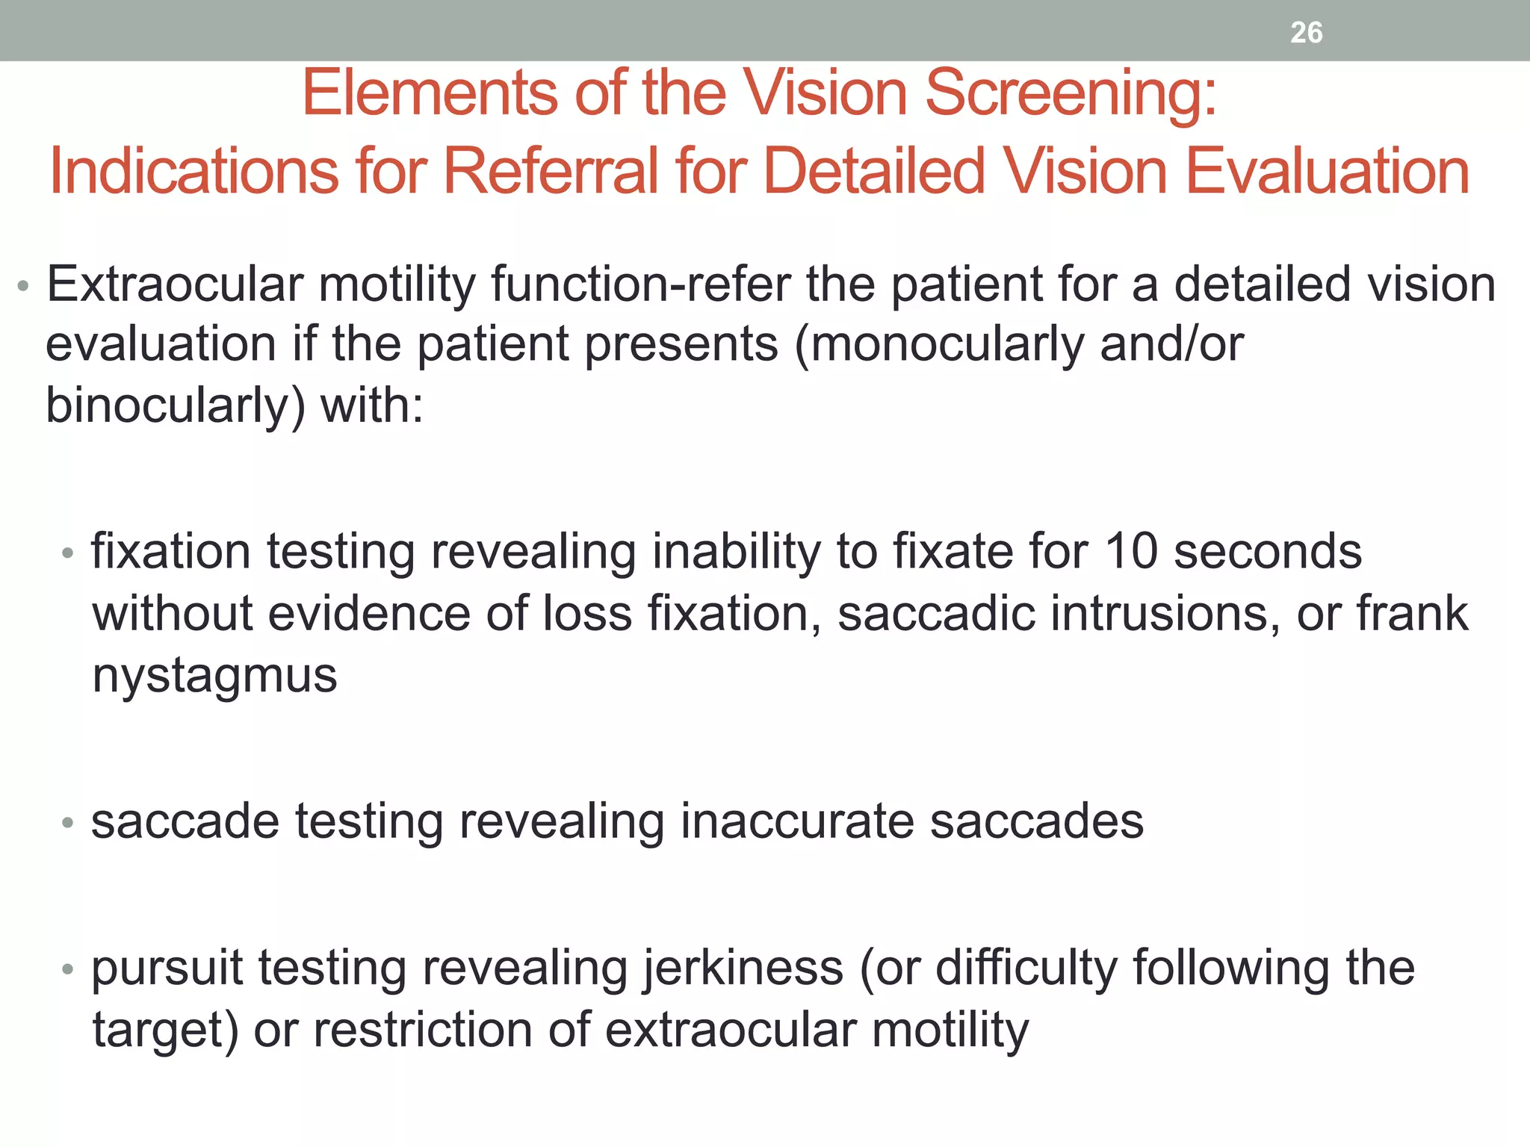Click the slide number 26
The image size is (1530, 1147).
tap(1306, 33)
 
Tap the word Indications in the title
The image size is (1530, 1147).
tap(193, 172)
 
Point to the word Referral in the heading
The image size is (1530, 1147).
tap(551, 172)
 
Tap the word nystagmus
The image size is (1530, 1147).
tap(214, 676)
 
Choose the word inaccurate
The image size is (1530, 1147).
tap(797, 821)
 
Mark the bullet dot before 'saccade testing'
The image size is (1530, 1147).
tap(68, 823)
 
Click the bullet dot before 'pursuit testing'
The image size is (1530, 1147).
tap(68, 969)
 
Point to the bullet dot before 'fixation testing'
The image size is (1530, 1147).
tap(68, 553)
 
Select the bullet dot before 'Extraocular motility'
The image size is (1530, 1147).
tap(23, 286)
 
